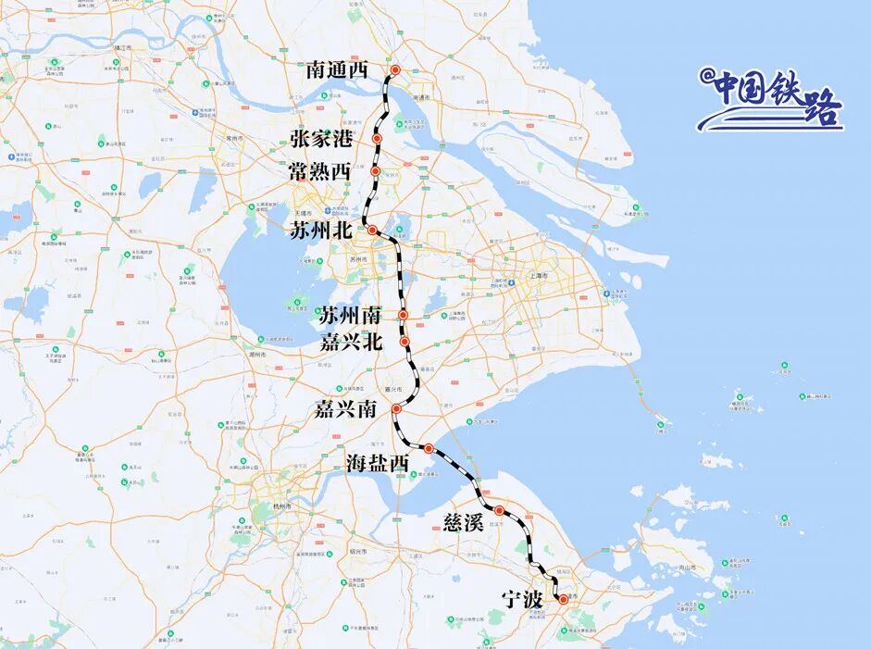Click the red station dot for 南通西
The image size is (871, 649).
395,70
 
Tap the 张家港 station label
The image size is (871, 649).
321,140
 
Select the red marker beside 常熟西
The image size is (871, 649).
375,171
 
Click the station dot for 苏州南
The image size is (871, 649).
404,316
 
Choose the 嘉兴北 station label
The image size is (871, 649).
351,343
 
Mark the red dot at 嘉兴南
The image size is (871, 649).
396,408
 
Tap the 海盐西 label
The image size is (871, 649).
378,463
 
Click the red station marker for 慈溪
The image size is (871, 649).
499,510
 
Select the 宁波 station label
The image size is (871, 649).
519,600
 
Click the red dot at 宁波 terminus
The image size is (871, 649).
563,600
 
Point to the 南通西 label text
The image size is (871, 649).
337,70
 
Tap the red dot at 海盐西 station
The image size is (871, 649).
429,448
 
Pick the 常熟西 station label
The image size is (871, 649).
319,172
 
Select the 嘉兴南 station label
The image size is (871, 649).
345,408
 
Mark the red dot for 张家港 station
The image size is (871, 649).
377,139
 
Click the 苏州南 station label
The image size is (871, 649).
351,316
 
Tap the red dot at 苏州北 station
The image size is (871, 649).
372,230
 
